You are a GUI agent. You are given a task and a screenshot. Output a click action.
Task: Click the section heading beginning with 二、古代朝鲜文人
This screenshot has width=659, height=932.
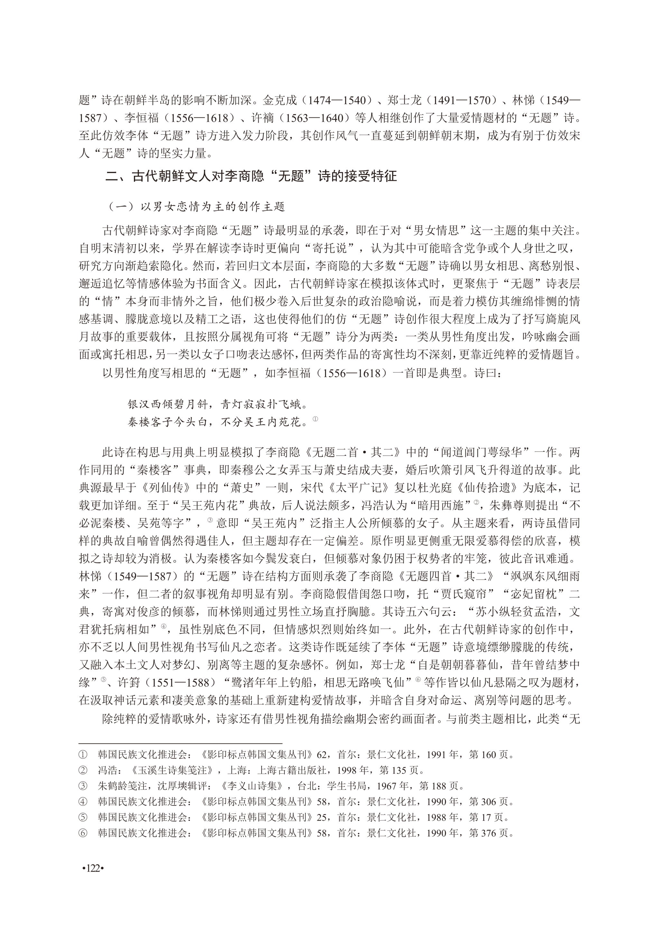[251, 176]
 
